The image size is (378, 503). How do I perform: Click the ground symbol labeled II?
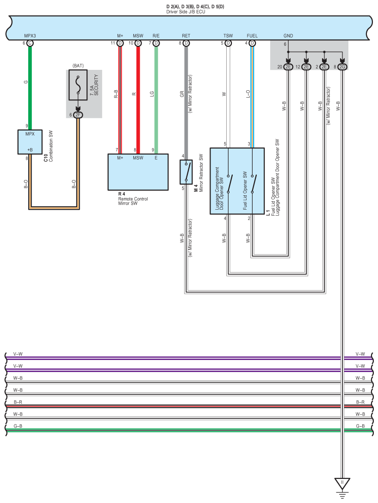[x=342, y=484]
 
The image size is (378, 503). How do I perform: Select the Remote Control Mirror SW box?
[x=138, y=172]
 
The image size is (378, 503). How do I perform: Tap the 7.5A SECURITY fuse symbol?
[x=78, y=85]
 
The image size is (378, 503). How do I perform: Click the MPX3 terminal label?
[x=30, y=36]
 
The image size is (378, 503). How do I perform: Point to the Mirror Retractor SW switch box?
[x=186, y=172]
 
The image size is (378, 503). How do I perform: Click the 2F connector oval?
[x=78, y=115]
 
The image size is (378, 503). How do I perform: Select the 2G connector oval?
[x=342, y=67]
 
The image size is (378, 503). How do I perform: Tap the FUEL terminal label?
[x=252, y=36]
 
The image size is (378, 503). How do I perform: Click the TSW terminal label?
[x=228, y=36]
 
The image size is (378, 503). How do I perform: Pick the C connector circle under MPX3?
[x=30, y=43]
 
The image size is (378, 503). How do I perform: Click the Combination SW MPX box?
[x=30, y=142]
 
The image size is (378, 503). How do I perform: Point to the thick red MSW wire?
[x=138, y=97]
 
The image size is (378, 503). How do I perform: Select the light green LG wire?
[x=156, y=97]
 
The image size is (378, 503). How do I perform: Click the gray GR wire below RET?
[x=186, y=97]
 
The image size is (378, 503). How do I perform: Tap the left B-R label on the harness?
[x=19, y=403]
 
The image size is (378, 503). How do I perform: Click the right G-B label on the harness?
[x=360, y=426]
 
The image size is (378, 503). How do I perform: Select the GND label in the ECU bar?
[x=288, y=36]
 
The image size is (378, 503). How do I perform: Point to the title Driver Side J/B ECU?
[x=186, y=11]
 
